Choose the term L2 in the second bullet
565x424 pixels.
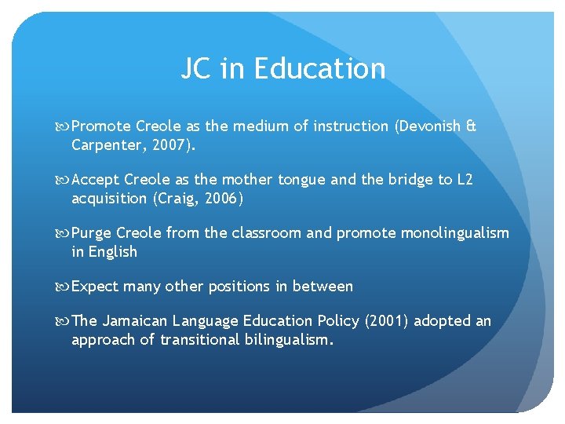tap(465, 180)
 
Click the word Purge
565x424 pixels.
tap(91, 233)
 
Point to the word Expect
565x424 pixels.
tap(93, 287)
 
